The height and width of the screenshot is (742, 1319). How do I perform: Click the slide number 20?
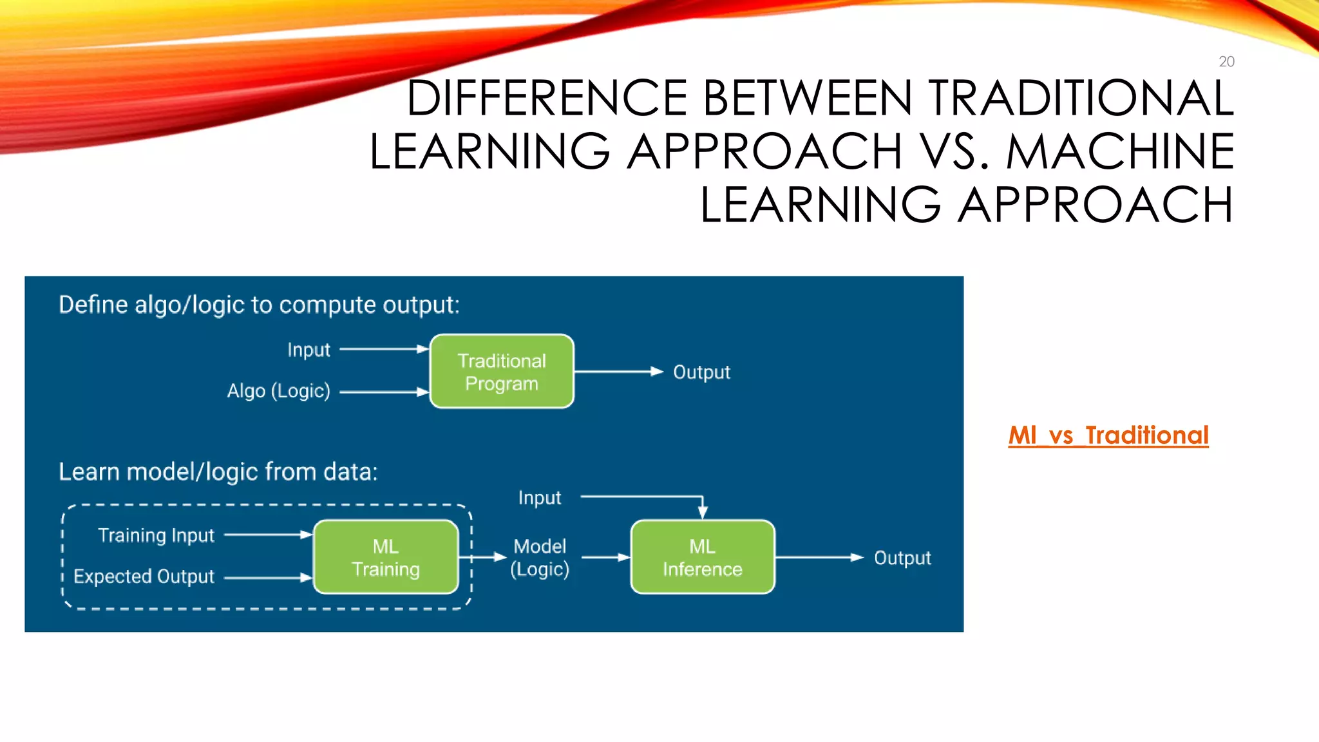pyautogui.click(x=1226, y=62)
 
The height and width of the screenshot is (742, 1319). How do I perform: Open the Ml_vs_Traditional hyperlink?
pyautogui.click(x=1108, y=435)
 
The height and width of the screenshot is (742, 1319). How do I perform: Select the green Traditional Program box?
pyautogui.click(x=502, y=372)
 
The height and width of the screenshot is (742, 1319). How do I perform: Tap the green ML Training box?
pyautogui.click(x=386, y=557)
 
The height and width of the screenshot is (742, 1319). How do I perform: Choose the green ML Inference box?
pyautogui.click(x=702, y=557)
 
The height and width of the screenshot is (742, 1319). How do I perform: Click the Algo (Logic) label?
pyautogui.click(x=278, y=391)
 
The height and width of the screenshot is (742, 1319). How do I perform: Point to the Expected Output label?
pyautogui.click(x=144, y=576)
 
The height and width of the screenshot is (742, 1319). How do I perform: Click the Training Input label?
pyautogui.click(x=156, y=535)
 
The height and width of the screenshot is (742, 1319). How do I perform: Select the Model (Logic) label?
pyautogui.click(x=540, y=558)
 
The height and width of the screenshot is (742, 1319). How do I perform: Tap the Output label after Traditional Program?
pyautogui.click(x=701, y=372)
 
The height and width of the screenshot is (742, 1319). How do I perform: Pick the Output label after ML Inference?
pyautogui.click(x=902, y=558)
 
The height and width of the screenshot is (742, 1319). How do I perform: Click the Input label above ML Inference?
pyautogui.click(x=540, y=498)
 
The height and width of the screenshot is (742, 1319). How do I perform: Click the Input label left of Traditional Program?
pyautogui.click(x=308, y=350)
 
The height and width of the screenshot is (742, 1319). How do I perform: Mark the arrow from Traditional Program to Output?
pyautogui.click(x=618, y=372)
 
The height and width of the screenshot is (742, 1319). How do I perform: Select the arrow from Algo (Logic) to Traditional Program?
pyautogui.click(x=383, y=392)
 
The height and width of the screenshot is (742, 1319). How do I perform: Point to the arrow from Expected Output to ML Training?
pyautogui.click(x=267, y=578)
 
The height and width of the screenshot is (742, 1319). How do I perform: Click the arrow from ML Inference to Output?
pyautogui.click(x=818, y=557)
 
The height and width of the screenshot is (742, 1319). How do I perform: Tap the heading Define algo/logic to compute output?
pyautogui.click(x=259, y=305)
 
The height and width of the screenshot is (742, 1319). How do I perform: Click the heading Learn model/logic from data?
pyautogui.click(x=218, y=472)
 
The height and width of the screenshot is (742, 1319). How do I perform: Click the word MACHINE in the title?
pyautogui.click(x=1119, y=151)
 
